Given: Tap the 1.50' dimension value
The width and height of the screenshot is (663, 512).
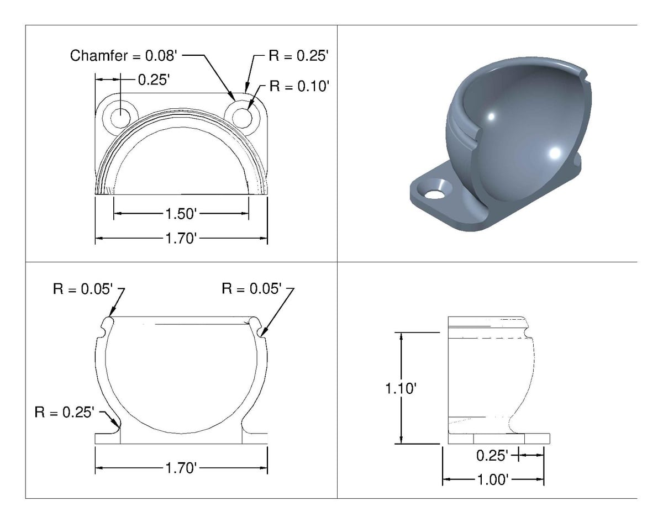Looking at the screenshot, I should [x=181, y=214].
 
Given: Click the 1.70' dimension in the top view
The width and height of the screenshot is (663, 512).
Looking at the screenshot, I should [x=181, y=239].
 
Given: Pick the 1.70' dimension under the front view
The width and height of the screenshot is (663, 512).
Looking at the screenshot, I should [x=181, y=468].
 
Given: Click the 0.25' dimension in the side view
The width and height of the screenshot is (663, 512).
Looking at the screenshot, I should [x=492, y=456].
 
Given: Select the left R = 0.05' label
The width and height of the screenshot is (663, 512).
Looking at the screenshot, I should [x=83, y=288].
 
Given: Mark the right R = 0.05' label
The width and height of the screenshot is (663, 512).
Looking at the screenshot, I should [x=252, y=288].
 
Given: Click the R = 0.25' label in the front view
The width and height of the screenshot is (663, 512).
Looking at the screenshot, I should [x=65, y=412].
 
